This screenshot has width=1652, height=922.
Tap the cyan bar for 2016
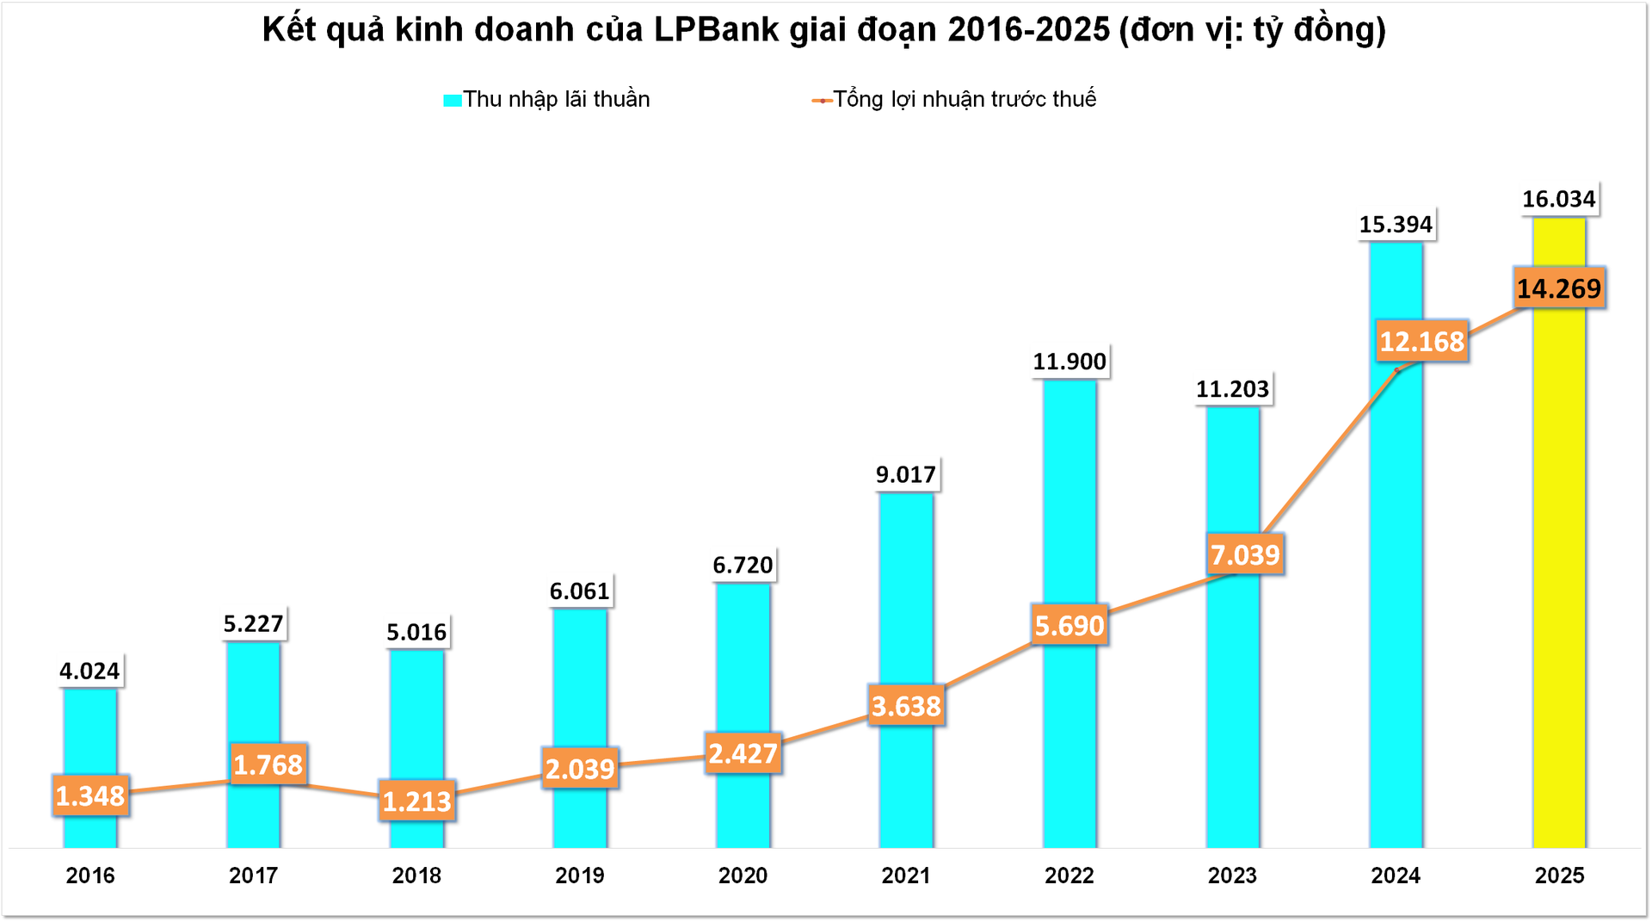pyautogui.click(x=90, y=740)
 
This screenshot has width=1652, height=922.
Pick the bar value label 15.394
pyautogui.click(x=1395, y=225)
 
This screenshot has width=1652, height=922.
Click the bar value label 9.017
pyautogui.click(x=905, y=474)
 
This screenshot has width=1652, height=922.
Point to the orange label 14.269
pyautogui.click(x=1558, y=288)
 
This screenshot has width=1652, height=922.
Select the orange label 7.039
pyautogui.click(x=1245, y=554)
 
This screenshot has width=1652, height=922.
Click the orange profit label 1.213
pyautogui.click(x=416, y=801)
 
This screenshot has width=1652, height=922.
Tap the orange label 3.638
pyautogui.click(x=906, y=706)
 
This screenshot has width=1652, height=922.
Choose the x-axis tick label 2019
pyautogui.click(x=579, y=876)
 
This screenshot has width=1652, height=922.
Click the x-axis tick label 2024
pyautogui.click(x=1395, y=876)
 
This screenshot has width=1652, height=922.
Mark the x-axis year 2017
pyautogui.click(x=253, y=876)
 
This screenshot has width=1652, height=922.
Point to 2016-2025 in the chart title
pyautogui.click(x=1028, y=30)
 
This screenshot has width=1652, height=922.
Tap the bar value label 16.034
pyautogui.click(x=1558, y=200)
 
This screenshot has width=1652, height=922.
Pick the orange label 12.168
pyautogui.click(x=1421, y=342)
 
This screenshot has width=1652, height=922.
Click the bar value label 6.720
pyautogui.click(x=743, y=566)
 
